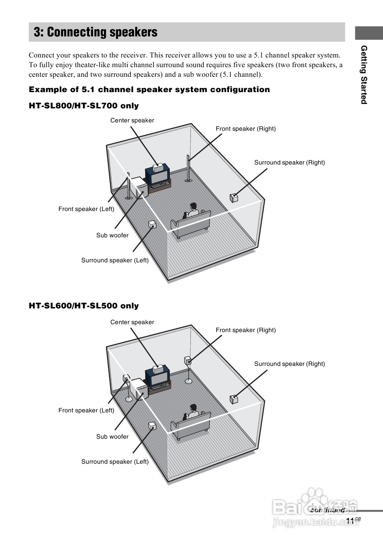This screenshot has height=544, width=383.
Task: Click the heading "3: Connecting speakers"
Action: [96, 32]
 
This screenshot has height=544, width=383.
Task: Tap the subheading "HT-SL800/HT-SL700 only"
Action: [84, 106]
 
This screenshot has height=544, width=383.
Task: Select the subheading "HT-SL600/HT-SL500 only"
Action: [84, 306]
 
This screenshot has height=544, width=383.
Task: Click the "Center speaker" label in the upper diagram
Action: [132, 120]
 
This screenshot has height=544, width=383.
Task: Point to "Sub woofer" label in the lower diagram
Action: [112, 437]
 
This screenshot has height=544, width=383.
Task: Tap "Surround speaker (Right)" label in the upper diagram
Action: [290, 162]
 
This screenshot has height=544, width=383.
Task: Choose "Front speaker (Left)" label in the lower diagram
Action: [86, 410]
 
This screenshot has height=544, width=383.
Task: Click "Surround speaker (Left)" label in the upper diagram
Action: [115, 260]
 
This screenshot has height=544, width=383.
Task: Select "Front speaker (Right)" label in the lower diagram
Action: [246, 330]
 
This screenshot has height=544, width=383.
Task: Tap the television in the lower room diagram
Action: [157, 377]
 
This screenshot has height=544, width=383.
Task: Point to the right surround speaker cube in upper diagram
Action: [234, 197]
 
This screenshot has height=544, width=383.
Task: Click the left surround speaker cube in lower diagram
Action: [152, 426]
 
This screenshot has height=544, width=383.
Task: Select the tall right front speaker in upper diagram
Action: [189, 168]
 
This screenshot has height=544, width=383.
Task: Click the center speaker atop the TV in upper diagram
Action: [158, 167]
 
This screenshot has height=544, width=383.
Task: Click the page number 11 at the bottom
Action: [350, 520]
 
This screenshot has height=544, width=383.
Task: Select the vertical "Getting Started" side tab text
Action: [364, 75]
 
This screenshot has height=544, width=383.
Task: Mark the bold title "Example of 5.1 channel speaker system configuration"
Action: [149, 89]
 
